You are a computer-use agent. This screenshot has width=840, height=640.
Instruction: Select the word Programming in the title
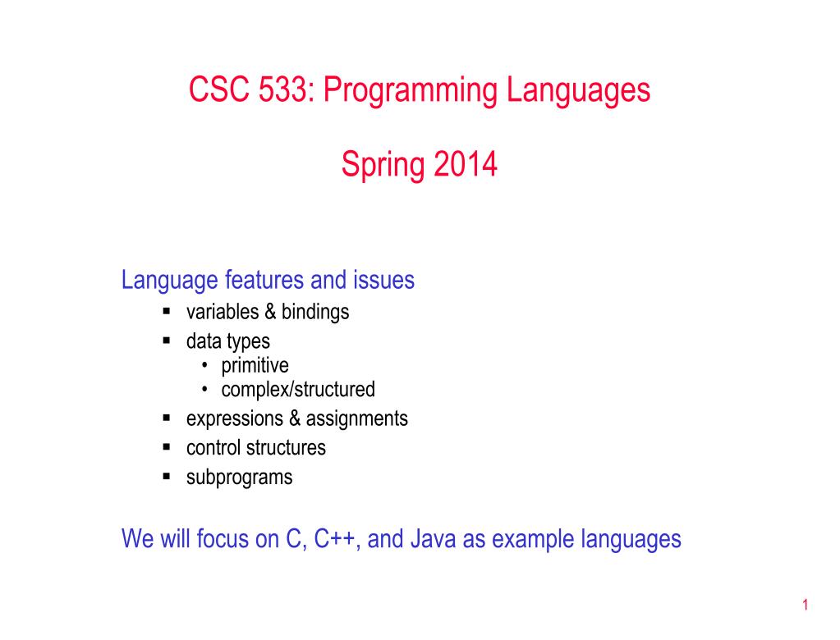click(409, 90)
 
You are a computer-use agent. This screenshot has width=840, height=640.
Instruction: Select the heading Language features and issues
click(268, 281)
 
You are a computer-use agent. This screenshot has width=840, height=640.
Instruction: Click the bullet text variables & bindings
click(268, 312)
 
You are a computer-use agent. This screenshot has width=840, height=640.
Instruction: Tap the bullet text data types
click(227, 341)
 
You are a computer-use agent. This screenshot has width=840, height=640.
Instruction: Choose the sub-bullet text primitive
click(255, 365)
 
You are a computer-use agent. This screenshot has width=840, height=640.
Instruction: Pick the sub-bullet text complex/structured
click(297, 389)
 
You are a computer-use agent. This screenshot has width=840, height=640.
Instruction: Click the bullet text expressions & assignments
click(296, 418)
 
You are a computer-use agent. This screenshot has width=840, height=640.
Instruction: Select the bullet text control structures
click(255, 448)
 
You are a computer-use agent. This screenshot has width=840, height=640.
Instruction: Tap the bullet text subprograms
click(239, 477)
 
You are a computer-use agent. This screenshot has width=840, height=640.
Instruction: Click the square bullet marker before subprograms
click(166, 476)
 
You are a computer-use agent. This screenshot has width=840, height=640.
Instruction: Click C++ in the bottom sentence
click(343, 539)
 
